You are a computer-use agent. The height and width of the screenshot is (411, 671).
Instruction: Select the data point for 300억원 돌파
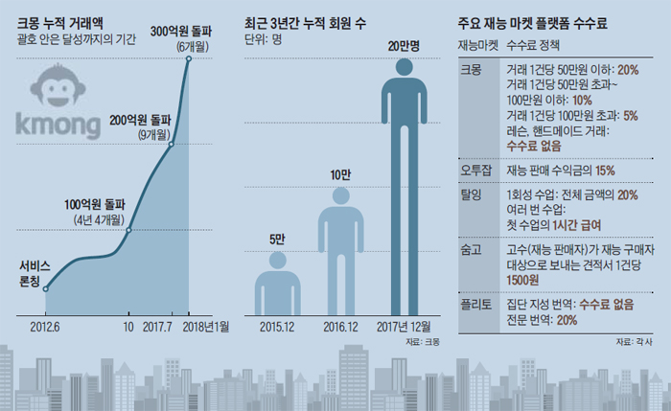pos(189,58)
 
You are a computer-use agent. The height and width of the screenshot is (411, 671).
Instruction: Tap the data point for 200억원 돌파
pos(172,145)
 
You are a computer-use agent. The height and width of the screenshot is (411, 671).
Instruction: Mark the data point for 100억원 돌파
pos(129,230)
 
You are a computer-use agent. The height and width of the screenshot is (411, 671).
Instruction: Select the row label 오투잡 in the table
pos(474,170)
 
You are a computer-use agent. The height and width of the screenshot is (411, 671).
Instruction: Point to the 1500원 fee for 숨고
pos(522,278)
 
